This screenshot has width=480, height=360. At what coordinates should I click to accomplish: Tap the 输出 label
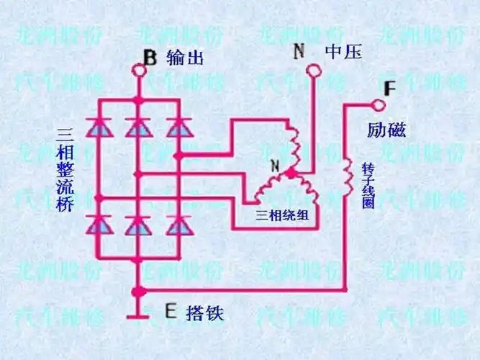click(185, 57)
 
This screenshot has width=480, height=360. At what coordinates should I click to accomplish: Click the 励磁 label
click(386, 130)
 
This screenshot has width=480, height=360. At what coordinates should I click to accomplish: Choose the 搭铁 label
click(205, 313)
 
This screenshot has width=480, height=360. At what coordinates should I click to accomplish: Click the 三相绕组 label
click(283, 215)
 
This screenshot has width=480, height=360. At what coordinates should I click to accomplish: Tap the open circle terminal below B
click(139, 71)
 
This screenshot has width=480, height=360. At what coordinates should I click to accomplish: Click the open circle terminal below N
click(314, 70)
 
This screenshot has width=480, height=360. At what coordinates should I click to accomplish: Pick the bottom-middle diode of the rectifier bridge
click(137, 226)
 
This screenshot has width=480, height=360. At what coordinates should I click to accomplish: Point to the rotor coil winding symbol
click(347, 172)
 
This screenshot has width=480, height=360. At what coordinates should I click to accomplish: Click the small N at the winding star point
click(273, 166)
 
